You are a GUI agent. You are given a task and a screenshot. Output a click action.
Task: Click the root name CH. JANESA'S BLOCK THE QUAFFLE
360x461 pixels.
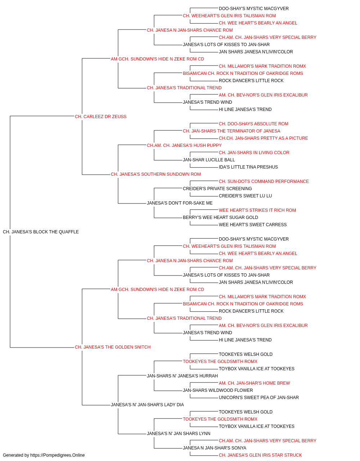(41, 232)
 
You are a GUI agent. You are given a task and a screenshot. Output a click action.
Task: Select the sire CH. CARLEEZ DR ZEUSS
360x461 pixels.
(100, 117)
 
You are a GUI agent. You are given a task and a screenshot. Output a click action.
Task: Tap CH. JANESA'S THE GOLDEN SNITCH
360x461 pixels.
(113, 347)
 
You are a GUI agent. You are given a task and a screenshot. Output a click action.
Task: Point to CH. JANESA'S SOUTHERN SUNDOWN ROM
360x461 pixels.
(156, 174)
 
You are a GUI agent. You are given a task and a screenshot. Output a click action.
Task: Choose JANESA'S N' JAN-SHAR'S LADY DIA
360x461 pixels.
(147, 405)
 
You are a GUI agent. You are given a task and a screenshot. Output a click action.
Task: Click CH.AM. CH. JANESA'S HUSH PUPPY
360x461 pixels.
(184, 146)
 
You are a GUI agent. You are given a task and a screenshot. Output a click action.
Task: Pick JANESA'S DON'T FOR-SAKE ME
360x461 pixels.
(180, 203)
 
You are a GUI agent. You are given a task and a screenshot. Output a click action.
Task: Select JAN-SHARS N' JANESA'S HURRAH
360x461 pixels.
(182, 376)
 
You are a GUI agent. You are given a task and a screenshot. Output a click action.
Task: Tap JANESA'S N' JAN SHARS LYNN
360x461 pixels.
(179, 434)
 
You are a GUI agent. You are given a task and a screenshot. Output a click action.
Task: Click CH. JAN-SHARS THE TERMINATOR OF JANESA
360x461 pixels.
(231, 131)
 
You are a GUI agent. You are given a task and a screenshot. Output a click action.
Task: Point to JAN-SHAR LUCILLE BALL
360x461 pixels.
(209, 160)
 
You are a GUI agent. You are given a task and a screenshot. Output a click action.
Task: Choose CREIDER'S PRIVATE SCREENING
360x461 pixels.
(217, 189)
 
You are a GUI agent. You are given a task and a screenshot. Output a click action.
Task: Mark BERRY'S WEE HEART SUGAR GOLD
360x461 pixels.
(220, 218)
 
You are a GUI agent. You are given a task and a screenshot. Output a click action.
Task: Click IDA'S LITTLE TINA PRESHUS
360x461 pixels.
(248, 167)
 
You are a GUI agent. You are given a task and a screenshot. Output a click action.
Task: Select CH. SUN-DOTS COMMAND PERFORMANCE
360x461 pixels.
(264, 182)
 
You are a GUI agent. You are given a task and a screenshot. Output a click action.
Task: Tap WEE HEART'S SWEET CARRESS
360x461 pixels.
(253, 225)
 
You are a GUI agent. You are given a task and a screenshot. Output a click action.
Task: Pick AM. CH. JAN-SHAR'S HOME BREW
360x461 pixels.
(255, 383)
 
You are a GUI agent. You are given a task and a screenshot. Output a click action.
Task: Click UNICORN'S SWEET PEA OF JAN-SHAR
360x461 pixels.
(258, 398)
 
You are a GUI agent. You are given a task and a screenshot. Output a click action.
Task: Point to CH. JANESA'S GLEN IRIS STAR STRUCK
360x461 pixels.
(260, 455)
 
